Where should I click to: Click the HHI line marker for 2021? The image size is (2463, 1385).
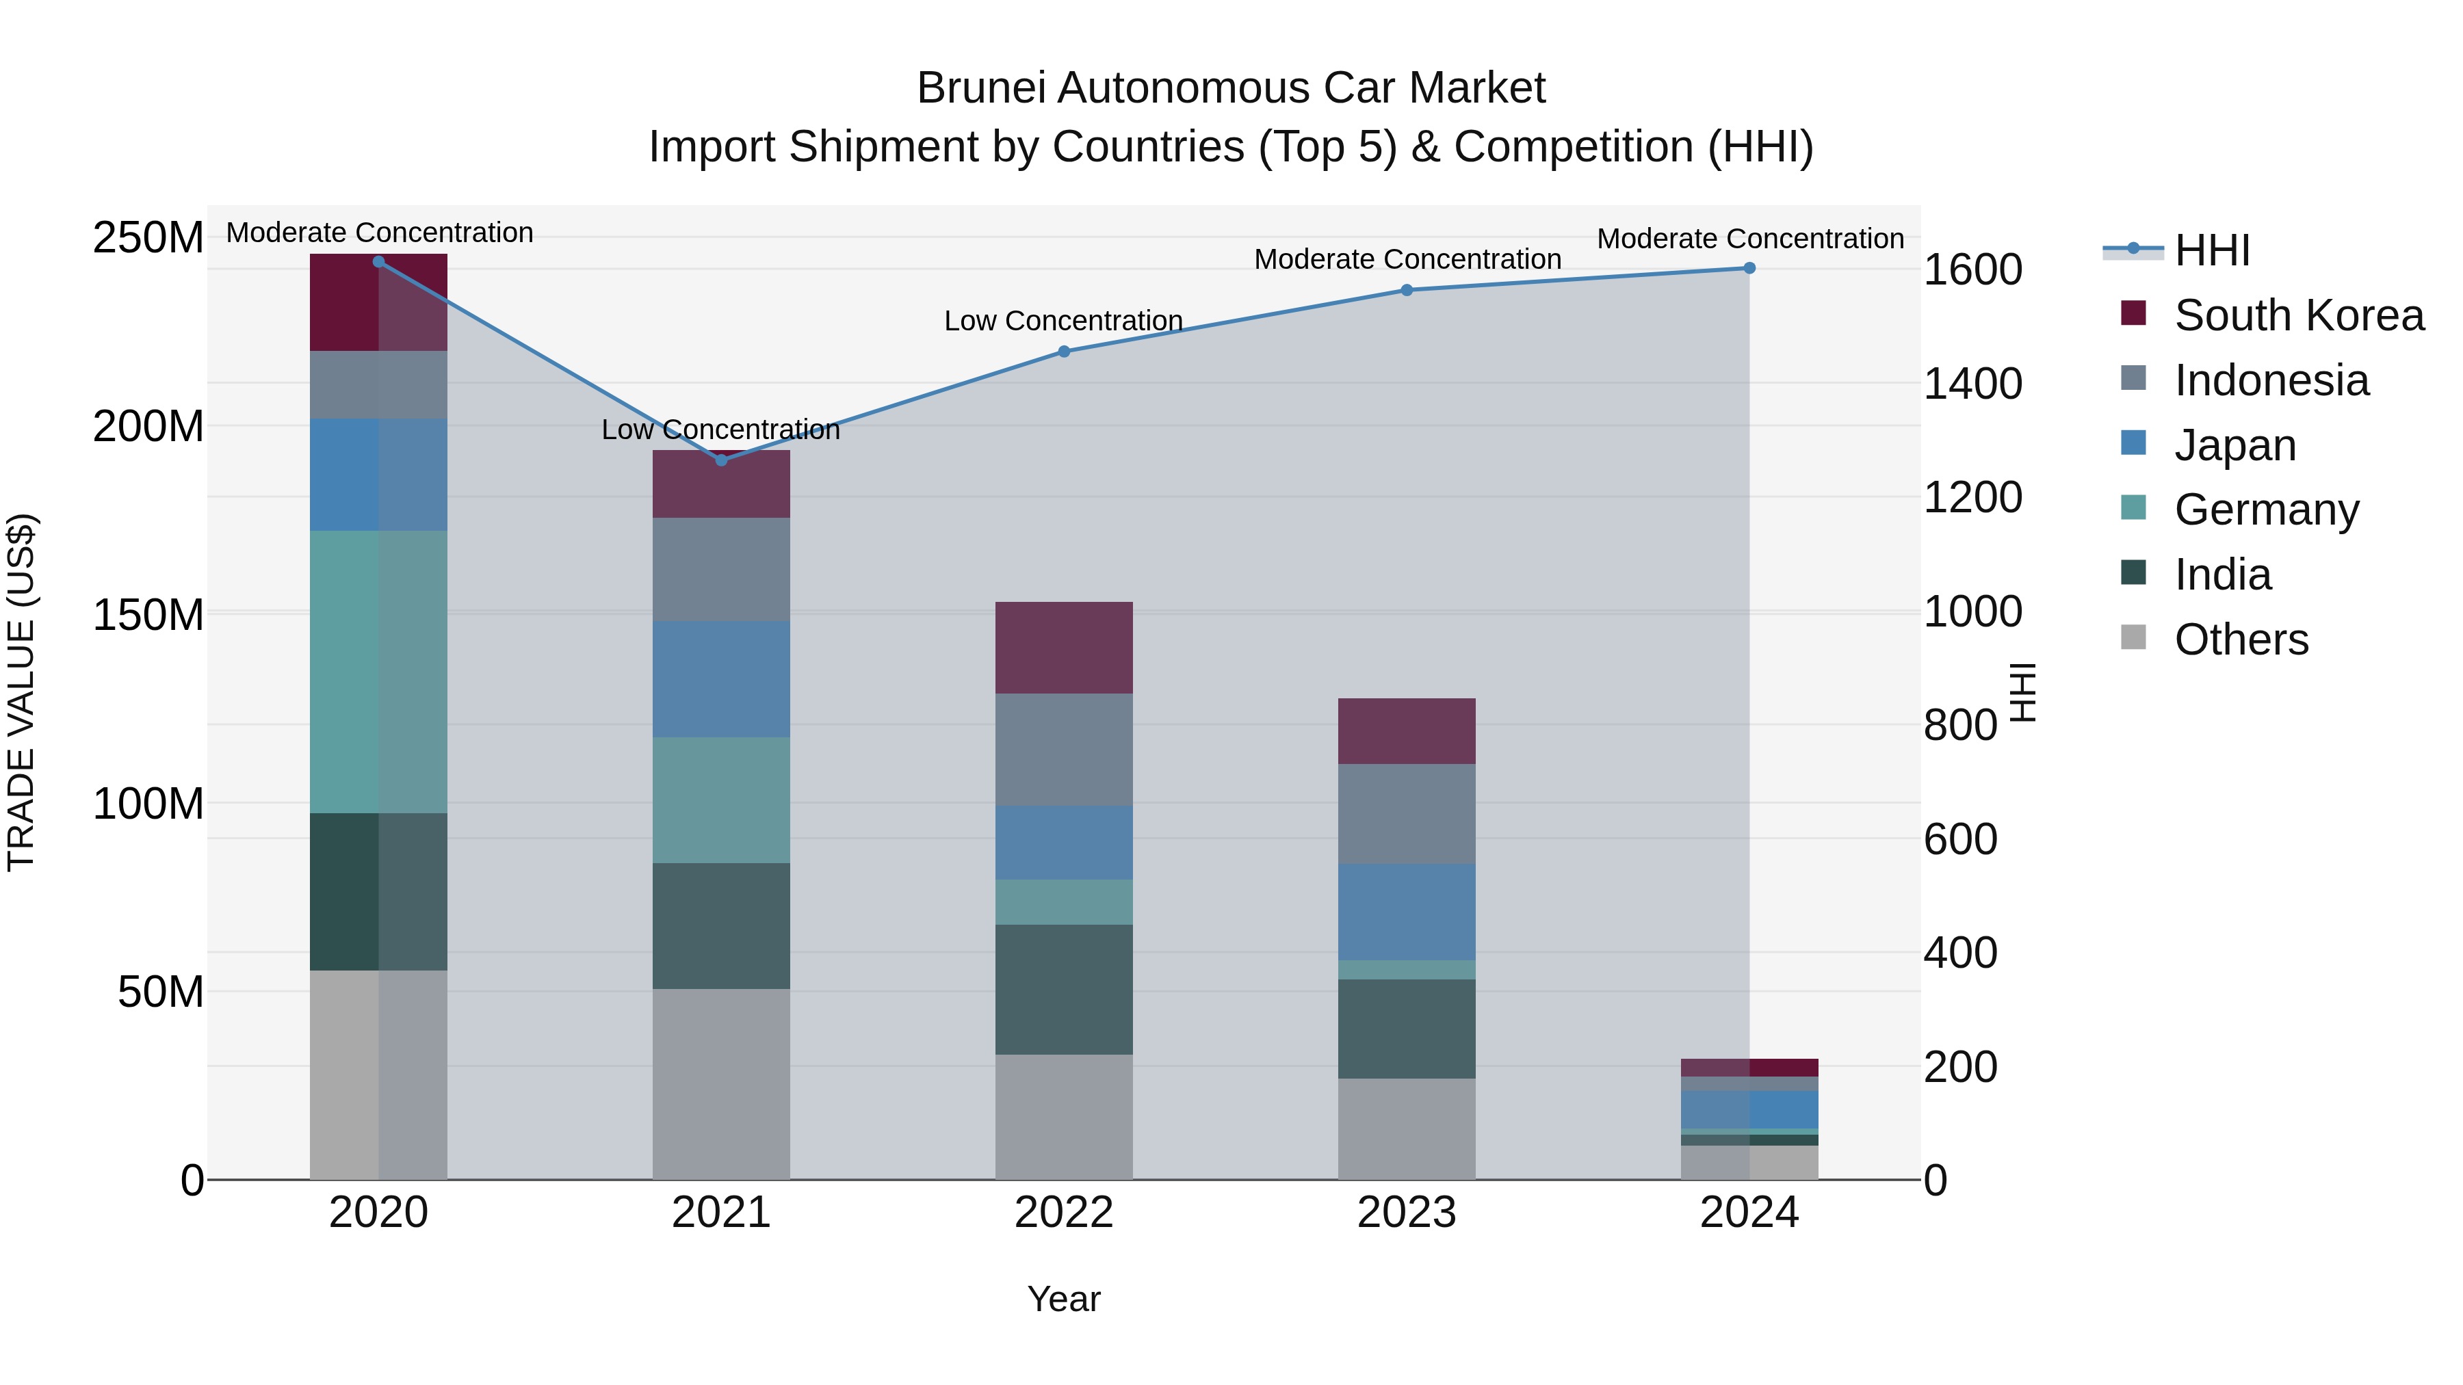tap(721, 460)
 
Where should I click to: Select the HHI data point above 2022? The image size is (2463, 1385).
tap(1064, 351)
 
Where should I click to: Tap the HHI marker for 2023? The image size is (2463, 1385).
tap(1407, 289)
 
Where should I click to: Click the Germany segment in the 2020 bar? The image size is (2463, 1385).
tap(378, 671)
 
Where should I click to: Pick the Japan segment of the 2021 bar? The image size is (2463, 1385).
tap(721, 678)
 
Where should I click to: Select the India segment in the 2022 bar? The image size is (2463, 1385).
tap(1064, 988)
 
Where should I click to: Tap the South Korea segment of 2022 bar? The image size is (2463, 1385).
tap(1064, 647)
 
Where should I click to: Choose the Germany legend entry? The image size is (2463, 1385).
tap(2265, 510)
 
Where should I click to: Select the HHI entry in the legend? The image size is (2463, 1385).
tap(2211, 250)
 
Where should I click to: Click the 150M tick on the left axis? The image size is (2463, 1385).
tap(148, 615)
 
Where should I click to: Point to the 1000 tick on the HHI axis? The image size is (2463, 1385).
tap(1972, 611)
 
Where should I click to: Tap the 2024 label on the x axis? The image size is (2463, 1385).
tap(1749, 1213)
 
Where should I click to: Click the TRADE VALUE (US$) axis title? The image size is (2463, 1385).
tap(21, 692)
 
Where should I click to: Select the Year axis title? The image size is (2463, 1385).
tap(1063, 1299)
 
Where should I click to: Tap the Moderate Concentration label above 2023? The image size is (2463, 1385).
tap(1407, 259)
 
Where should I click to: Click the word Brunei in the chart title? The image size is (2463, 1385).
tap(985, 88)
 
